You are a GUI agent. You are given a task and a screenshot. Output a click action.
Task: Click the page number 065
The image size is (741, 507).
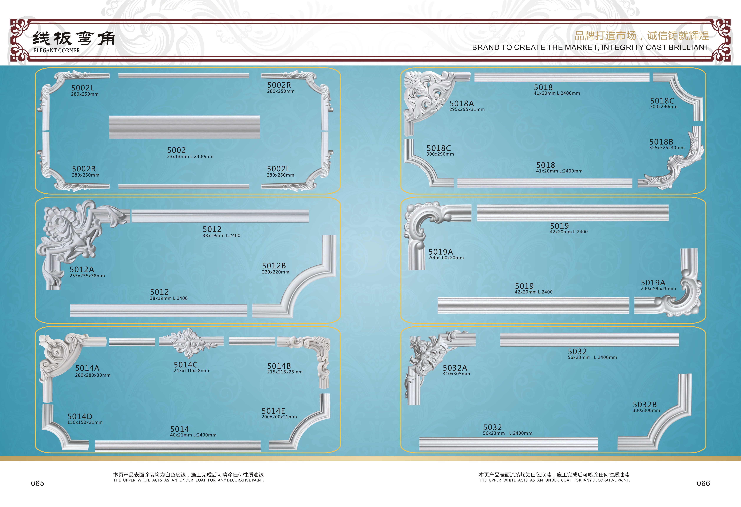tap(38, 483)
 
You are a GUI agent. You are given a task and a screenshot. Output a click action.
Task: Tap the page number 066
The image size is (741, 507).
tap(703, 483)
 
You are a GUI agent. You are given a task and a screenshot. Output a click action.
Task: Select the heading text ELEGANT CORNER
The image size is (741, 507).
tap(56, 50)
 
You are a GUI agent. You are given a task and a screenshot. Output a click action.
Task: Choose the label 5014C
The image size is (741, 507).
tap(186, 365)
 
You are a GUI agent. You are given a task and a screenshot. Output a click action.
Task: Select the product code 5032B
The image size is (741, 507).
tap(645, 404)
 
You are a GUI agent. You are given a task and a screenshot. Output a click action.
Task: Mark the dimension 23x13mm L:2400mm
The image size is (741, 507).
tap(190, 157)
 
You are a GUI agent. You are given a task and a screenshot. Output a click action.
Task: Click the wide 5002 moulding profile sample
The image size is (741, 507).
tap(184, 127)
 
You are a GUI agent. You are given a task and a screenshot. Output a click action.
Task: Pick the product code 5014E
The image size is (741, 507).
tap(273, 411)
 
